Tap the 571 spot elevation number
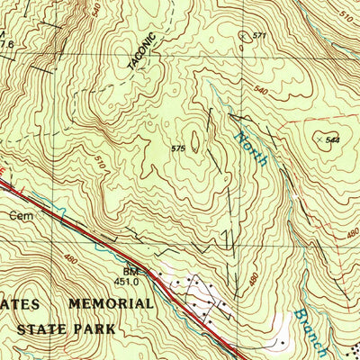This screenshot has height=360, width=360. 261,35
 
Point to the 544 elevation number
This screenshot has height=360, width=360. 332,141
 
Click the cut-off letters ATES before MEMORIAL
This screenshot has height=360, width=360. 20,304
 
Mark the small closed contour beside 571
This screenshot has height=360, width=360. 244,36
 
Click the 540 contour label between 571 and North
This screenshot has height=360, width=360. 262,91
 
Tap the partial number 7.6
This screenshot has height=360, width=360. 7,42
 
